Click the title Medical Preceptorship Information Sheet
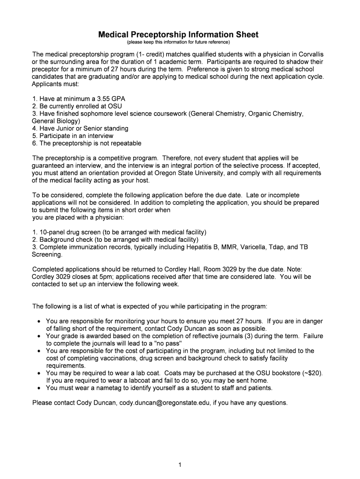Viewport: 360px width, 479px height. point(178,35)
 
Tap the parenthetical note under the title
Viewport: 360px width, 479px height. point(178,42)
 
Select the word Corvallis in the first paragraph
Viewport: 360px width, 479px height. point(308,54)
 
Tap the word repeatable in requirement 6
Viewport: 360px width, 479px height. point(124,143)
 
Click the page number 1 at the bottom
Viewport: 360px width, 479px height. point(180,464)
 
